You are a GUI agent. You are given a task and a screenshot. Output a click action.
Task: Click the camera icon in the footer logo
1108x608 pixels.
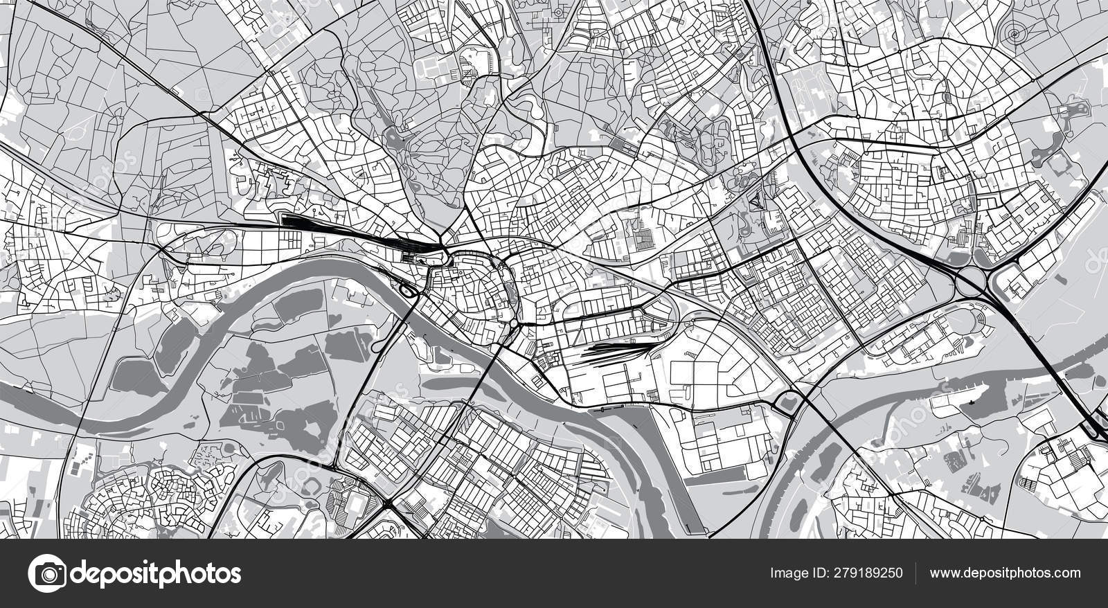(47, 573)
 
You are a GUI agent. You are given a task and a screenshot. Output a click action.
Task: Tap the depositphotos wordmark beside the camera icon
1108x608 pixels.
(156, 573)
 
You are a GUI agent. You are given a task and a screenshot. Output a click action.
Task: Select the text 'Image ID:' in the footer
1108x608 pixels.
(794, 573)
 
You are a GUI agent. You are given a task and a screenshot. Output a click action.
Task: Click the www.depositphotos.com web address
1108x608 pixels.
(1005, 573)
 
